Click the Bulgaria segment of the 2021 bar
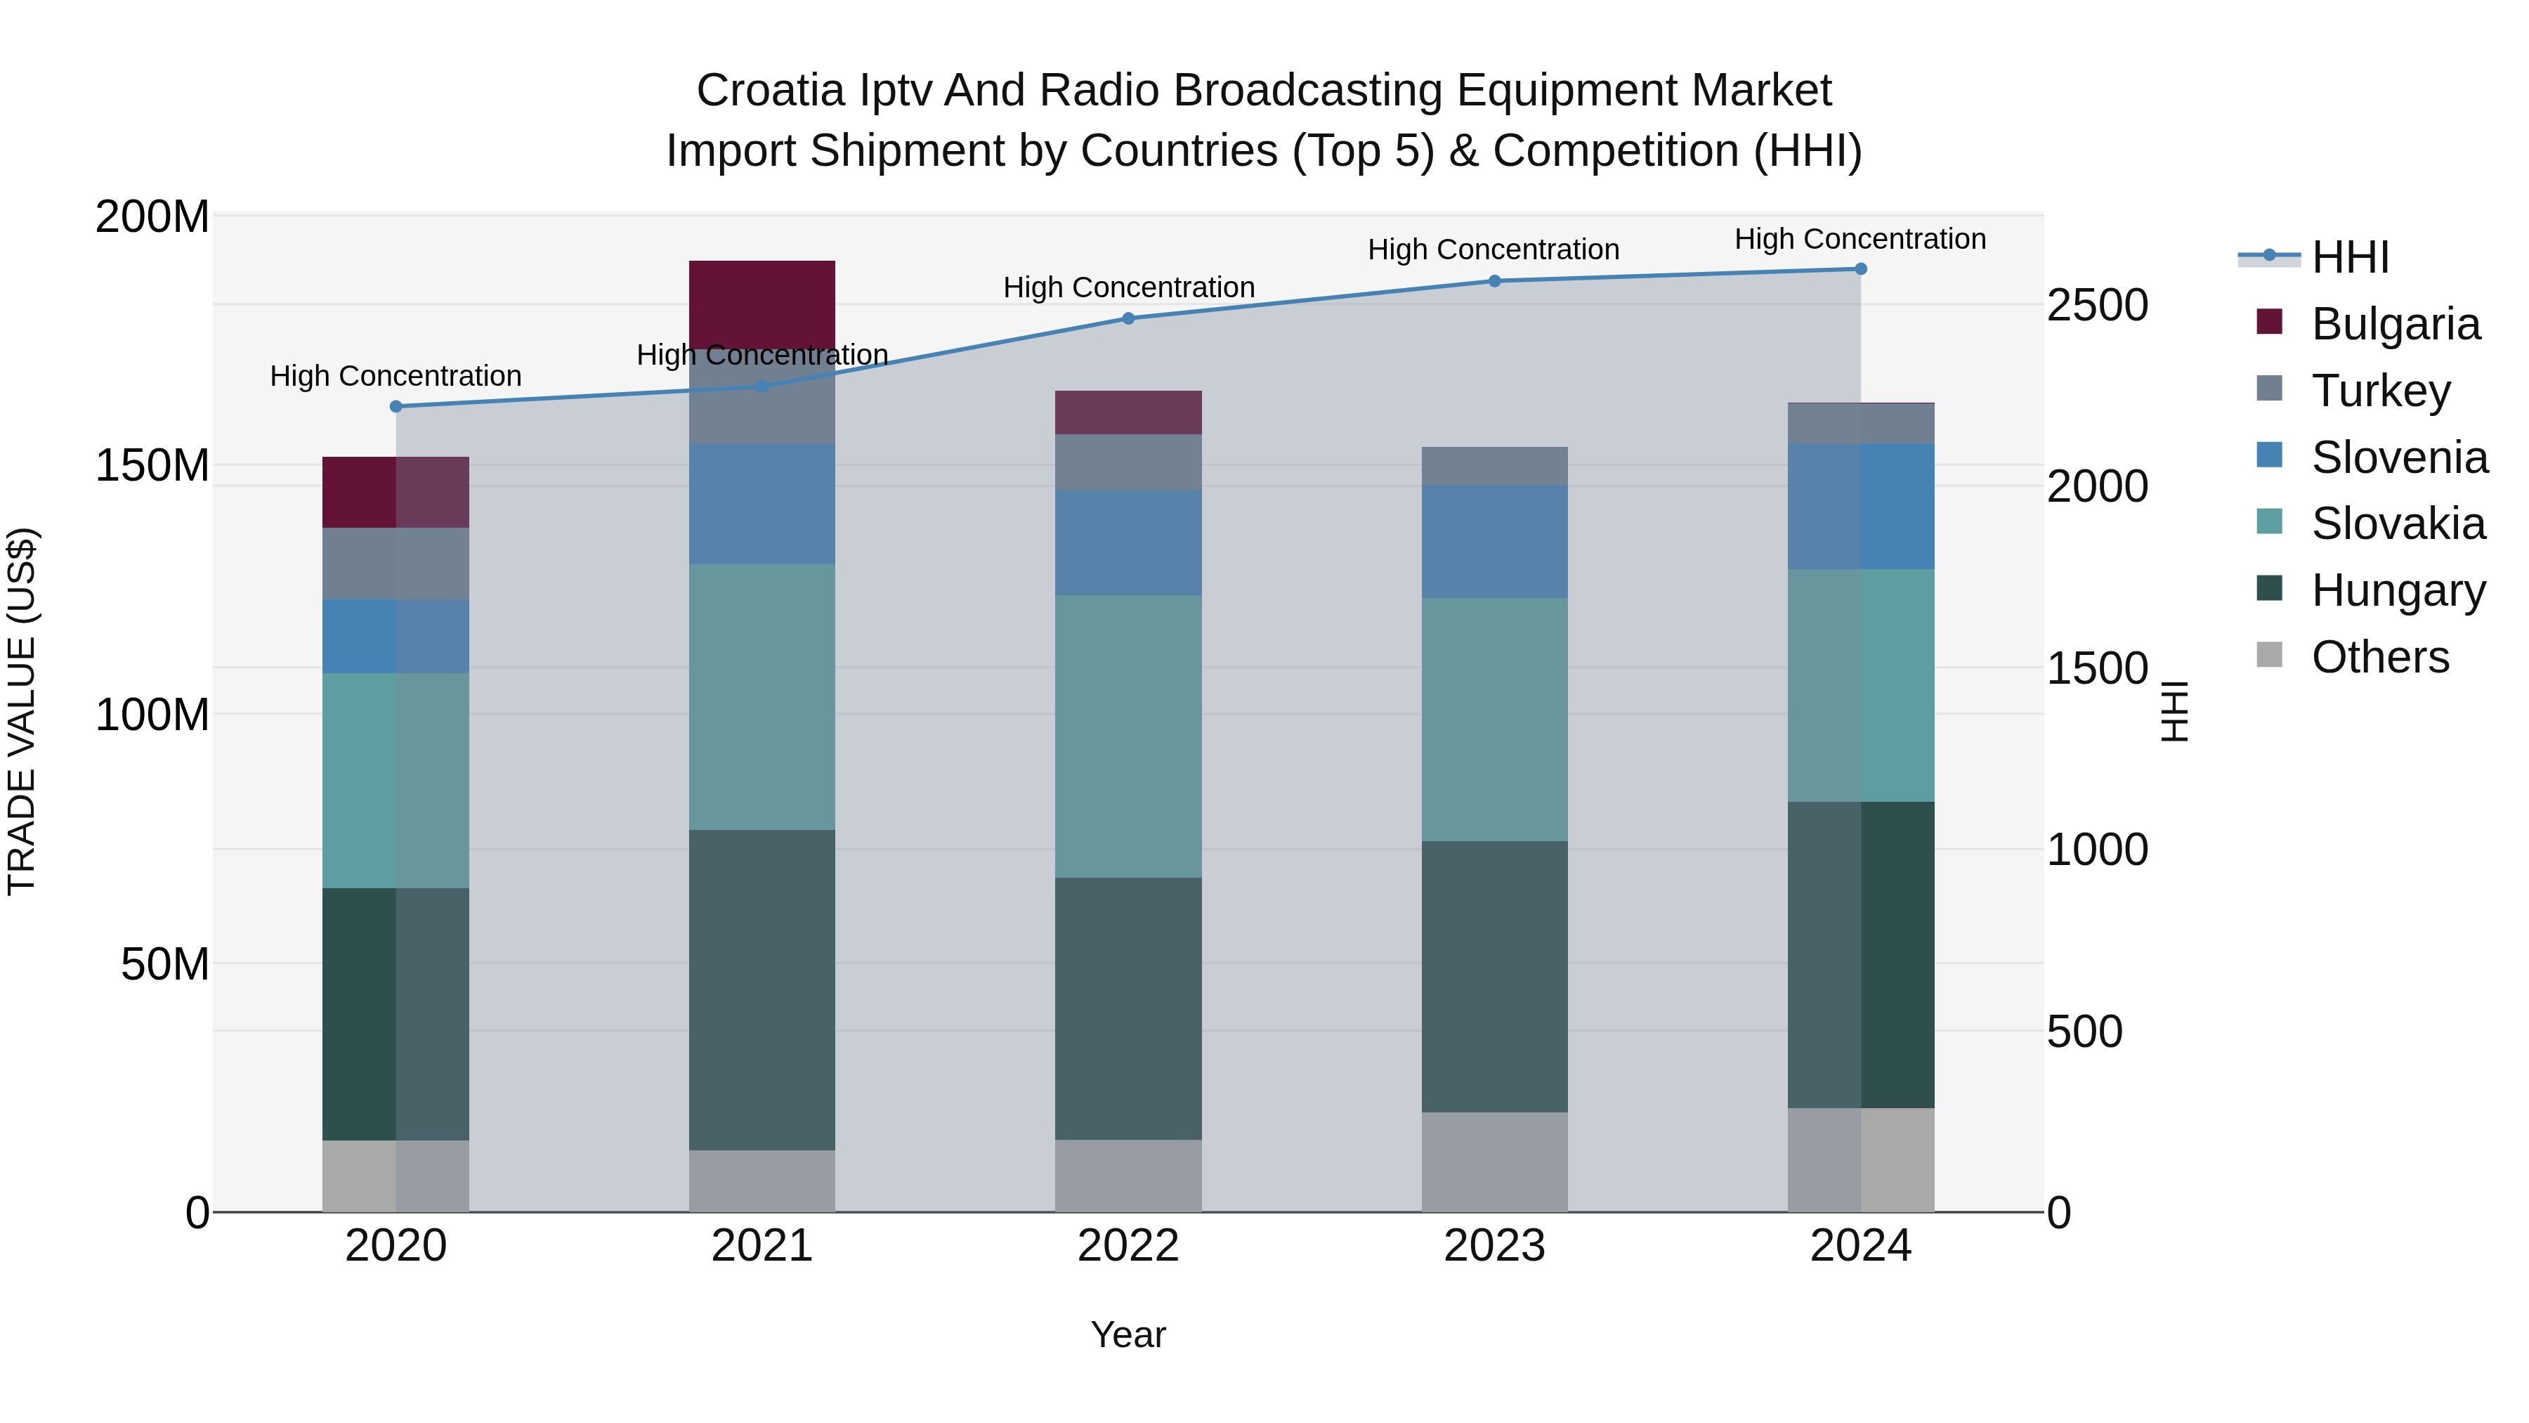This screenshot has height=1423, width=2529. tap(762, 302)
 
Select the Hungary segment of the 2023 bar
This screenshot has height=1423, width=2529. tap(1494, 976)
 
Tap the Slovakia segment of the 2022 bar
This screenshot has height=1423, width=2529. tap(1128, 736)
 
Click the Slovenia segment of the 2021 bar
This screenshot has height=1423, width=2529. tap(762, 503)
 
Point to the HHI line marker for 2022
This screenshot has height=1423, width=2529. tap(1128, 318)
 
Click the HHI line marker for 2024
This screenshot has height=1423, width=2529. tap(1860, 269)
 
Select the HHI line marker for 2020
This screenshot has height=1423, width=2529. tap(396, 407)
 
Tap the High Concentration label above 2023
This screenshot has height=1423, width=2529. tap(1494, 249)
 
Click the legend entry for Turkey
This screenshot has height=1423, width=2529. tap(2381, 390)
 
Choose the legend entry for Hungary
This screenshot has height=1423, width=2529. tap(2398, 590)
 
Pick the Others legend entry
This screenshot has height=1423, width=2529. tap(2380, 657)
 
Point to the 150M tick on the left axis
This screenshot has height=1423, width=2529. tap(152, 465)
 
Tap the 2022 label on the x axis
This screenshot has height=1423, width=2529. tap(1128, 1246)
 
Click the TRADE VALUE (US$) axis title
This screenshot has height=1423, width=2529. tap(22, 711)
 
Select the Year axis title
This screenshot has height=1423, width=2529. tap(1128, 1334)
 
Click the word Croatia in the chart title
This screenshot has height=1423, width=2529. tap(770, 91)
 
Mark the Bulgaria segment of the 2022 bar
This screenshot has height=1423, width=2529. tap(1128, 412)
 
